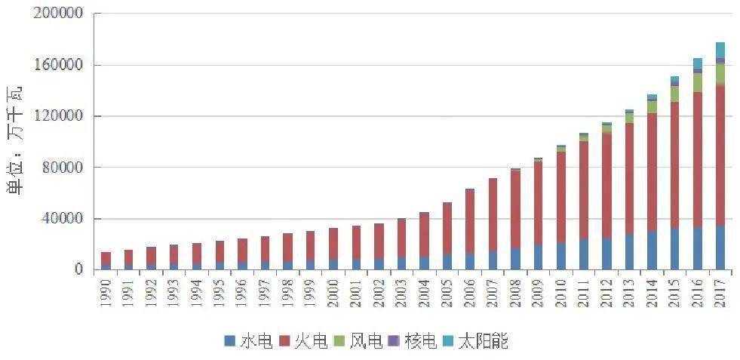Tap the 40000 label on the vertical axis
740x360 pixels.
pyautogui.click(x=63, y=219)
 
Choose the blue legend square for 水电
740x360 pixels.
pyautogui.click(x=230, y=340)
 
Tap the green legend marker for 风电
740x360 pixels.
pyautogui.click(x=339, y=340)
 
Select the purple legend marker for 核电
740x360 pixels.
pyautogui.click(x=394, y=340)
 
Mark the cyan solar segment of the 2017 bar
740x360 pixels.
pyautogui.click(x=720, y=50)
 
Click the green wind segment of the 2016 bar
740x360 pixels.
pyautogui.click(x=698, y=82)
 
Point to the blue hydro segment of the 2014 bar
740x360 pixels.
pyautogui.click(x=652, y=251)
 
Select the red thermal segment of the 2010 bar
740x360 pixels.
pyautogui.click(x=561, y=197)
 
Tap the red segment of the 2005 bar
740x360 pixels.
pyautogui.click(x=447, y=229)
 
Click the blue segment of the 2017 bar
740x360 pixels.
pyautogui.click(x=720, y=248)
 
